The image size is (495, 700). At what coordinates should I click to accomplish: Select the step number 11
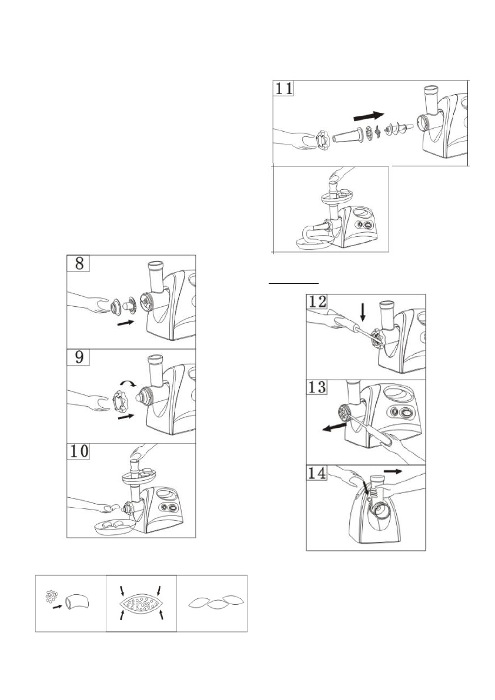pyautogui.click(x=286, y=90)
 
